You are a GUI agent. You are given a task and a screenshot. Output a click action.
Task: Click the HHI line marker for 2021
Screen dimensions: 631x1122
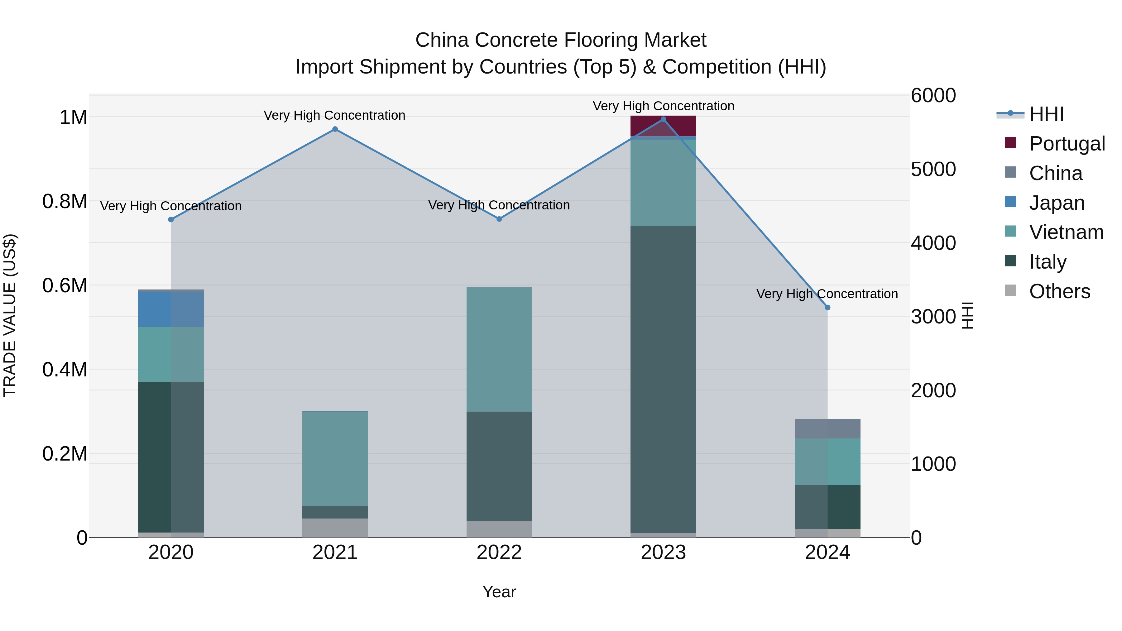point(335,129)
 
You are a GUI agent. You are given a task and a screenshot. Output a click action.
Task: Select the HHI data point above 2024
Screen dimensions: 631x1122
point(827,308)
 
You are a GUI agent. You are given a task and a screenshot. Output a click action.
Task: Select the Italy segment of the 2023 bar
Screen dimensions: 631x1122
point(663,379)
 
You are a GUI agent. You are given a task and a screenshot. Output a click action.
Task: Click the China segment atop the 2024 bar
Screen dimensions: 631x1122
point(827,428)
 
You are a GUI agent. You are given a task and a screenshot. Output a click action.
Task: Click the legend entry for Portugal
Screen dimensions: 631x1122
point(1067,144)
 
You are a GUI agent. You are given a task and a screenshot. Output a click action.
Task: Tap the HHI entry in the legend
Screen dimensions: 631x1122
point(1046,114)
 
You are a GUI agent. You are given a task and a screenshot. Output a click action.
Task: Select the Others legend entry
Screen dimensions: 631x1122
point(1059,291)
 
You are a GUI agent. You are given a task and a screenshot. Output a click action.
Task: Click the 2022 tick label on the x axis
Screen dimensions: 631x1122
point(499,552)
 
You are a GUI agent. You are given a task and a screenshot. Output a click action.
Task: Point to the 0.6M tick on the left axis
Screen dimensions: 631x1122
point(65,286)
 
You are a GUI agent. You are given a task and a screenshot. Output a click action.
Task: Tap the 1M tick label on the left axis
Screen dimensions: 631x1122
point(73,117)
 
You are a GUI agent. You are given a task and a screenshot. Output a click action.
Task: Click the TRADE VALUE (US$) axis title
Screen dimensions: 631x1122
point(10,315)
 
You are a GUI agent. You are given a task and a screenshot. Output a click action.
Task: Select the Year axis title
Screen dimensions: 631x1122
point(499,592)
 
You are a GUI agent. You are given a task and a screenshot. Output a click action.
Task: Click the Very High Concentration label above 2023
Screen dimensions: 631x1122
point(663,106)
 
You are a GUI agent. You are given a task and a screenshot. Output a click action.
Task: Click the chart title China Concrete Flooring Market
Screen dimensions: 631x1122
point(561,40)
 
